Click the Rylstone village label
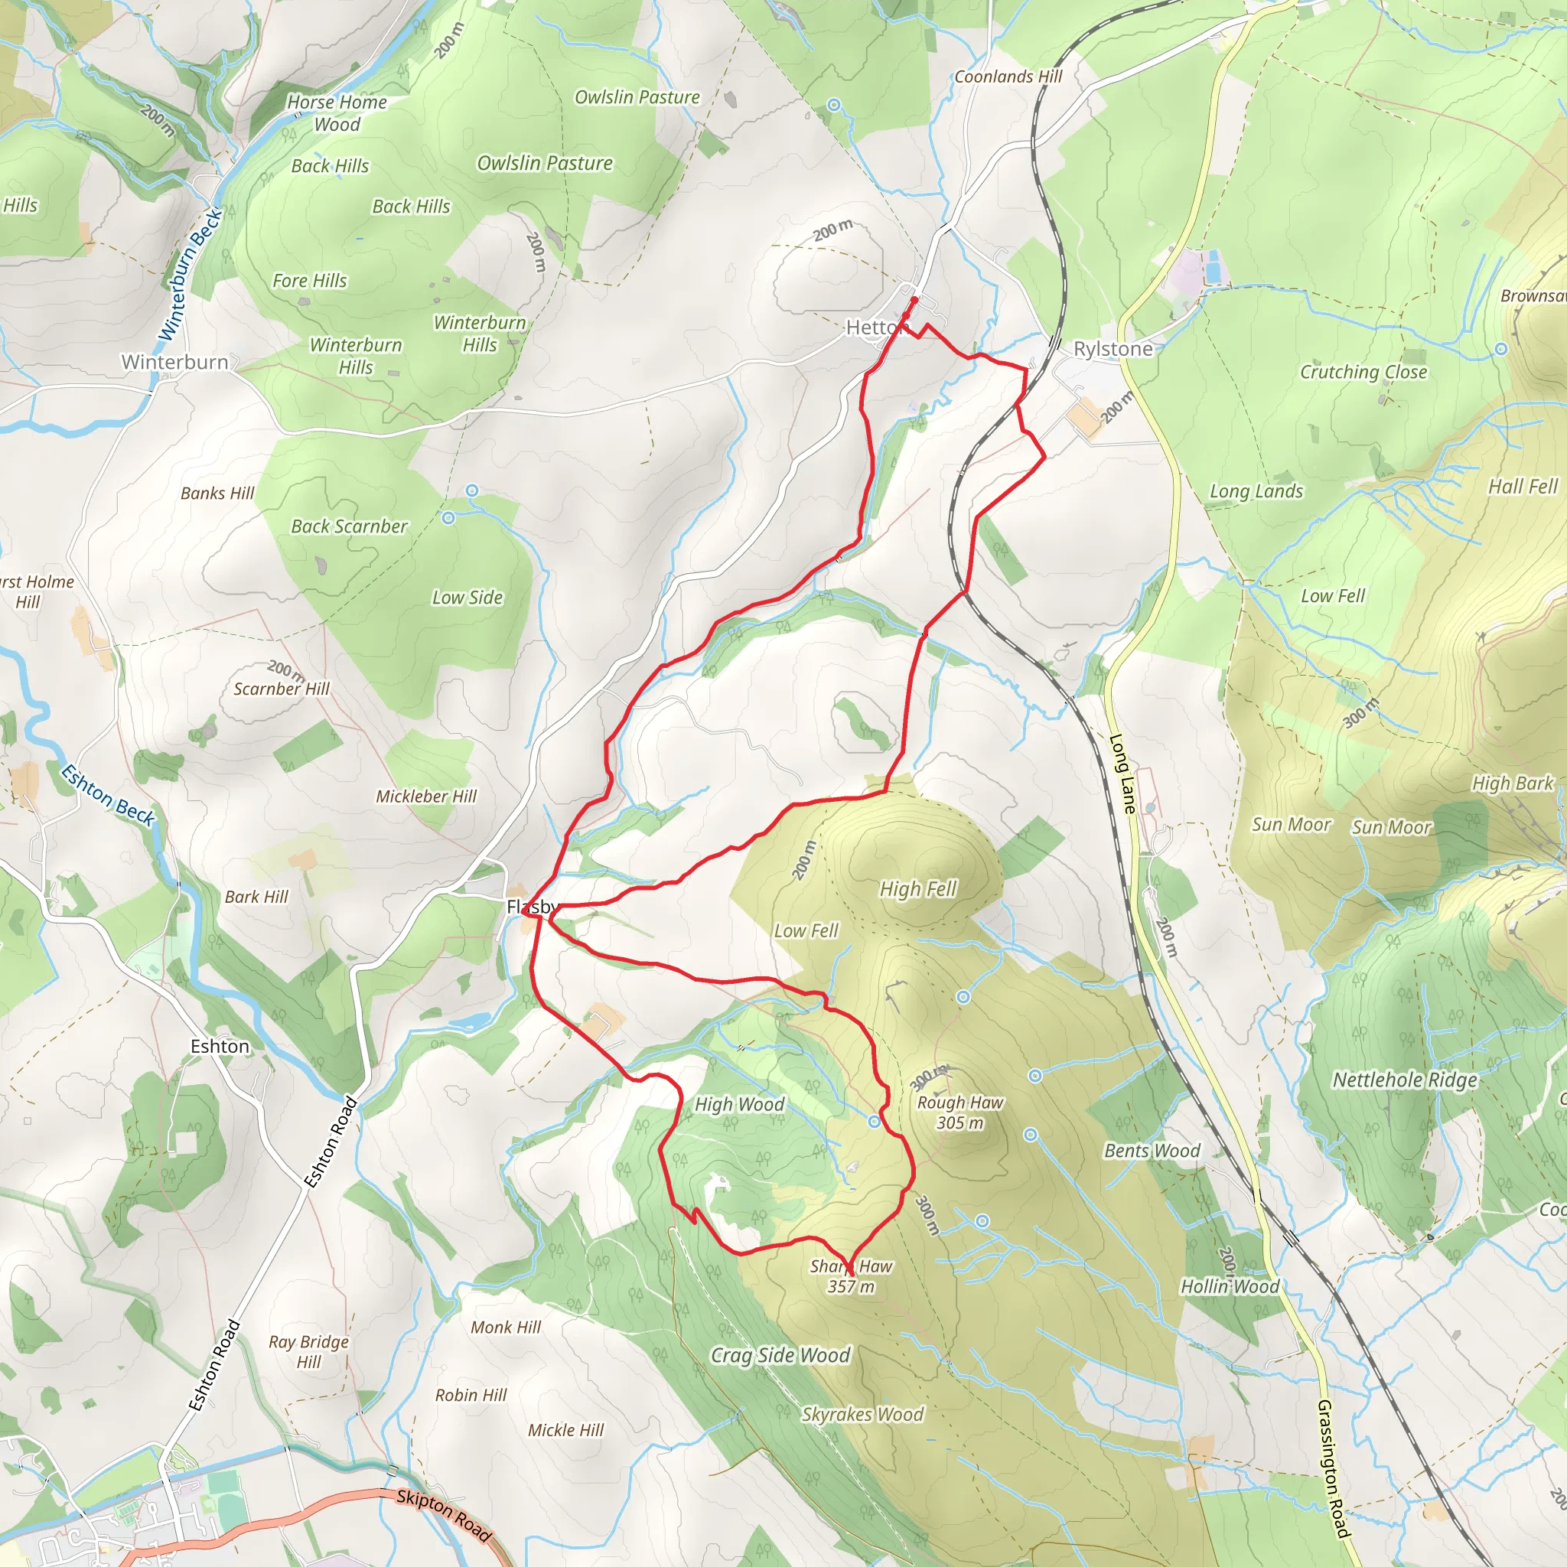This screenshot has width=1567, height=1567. (x=1113, y=349)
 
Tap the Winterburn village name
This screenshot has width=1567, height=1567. (x=175, y=362)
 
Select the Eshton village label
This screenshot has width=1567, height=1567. (x=220, y=1046)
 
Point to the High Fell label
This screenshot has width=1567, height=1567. (x=918, y=889)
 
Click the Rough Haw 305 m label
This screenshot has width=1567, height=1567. (x=960, y=1112)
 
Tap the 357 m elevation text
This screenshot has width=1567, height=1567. (x=851, y=1286)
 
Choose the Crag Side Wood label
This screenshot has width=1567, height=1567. (x=780, y=1355)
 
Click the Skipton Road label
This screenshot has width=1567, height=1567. (x=444, y=1515)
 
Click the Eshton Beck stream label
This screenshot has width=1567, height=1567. (x=108, y=795)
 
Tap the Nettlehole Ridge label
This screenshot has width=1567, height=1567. (x=1405, y=1080)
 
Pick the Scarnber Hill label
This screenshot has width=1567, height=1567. (x=282, y=689)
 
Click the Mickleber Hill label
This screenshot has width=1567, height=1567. (x=426, y=797)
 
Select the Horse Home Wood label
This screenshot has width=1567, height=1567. (x=337, y=112)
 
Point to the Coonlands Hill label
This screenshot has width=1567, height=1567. (x=1008, y=77)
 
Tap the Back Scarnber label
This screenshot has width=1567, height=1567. (x=350, y=526)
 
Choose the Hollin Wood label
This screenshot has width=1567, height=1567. (x=1230, y=1286)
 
